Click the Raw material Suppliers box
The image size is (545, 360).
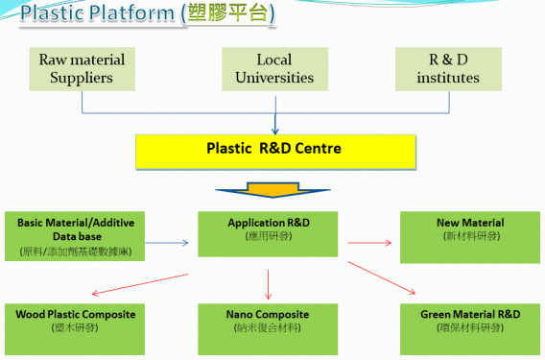pos(82,68)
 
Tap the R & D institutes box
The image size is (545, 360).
pos(448,68)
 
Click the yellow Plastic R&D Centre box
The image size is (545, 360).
pos(273,151)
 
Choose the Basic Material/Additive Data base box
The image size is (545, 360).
pos(76,237)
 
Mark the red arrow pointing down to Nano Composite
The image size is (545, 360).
pos(268,284)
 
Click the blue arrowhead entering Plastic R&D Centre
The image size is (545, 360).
pos(276,130)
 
